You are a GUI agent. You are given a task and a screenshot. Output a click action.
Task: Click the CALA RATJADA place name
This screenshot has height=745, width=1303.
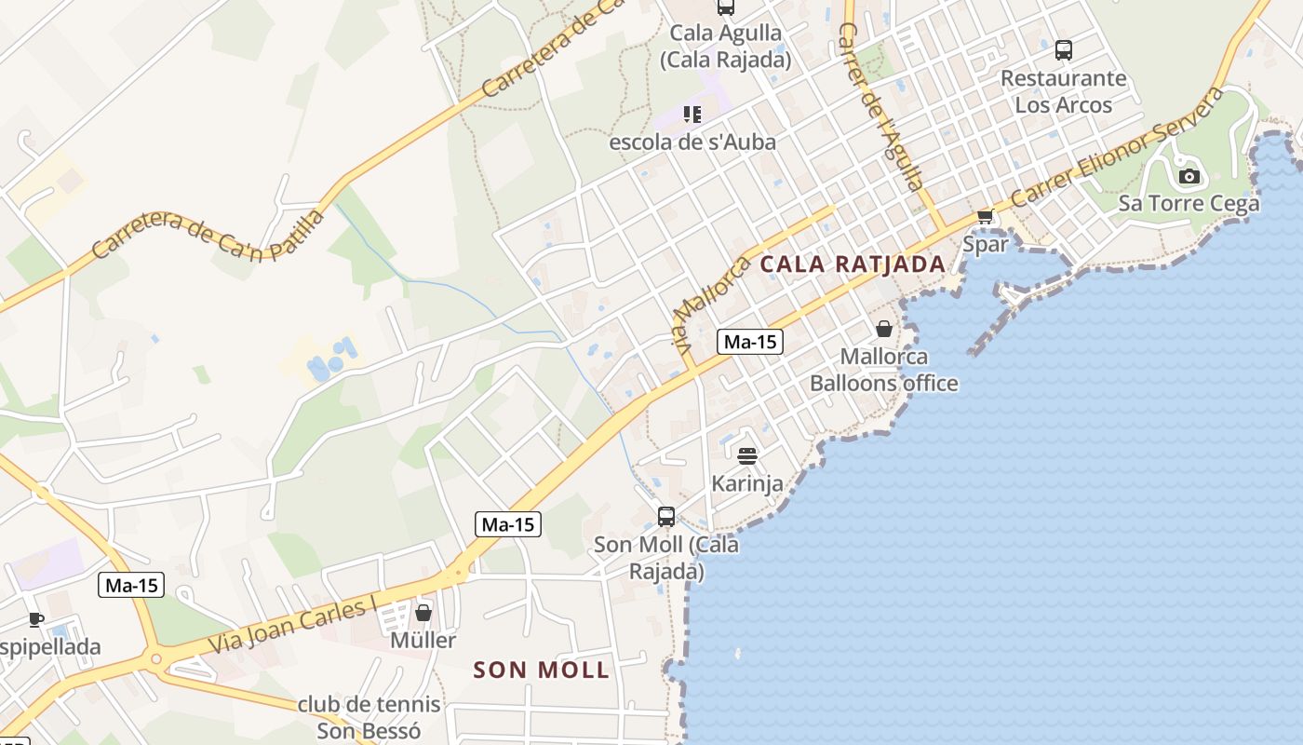(x=853, y=264)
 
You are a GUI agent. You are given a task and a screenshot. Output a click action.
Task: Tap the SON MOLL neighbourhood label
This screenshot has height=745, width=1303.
(x=541, y=670)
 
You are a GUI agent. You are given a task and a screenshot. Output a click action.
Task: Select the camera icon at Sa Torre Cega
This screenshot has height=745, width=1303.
(x=1189, y=176)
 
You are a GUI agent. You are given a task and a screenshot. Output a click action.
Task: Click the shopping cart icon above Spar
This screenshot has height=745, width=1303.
(x=985, y=217)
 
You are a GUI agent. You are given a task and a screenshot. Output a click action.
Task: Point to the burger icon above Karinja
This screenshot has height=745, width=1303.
(x=747, y=455)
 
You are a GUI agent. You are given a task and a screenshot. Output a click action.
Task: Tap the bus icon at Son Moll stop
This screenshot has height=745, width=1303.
(x=666, y=516)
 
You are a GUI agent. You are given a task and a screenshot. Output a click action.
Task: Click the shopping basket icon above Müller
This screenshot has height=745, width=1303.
(x=423, y=613)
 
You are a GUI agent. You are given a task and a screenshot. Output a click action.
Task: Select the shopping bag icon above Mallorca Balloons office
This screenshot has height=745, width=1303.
(x=883, y=329)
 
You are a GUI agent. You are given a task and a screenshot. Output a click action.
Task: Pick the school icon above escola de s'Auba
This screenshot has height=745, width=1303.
(x=692, y=115)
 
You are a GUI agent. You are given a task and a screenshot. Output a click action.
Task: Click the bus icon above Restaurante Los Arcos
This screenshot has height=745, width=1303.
(x=1063, y=50)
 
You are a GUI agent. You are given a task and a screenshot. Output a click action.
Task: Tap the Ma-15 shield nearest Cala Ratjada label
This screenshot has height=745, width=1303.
(x=750, y=342)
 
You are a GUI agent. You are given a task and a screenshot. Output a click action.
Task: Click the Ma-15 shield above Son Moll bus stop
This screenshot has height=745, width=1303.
(x=508, y=524)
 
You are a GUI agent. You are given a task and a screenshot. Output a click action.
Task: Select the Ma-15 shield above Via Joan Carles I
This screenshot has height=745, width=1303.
(x=131, y=585)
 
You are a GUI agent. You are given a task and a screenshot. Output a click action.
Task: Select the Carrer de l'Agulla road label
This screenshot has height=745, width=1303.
(x=880, y=105)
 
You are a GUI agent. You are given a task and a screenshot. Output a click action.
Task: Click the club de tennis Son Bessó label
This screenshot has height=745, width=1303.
(x=369, y=718)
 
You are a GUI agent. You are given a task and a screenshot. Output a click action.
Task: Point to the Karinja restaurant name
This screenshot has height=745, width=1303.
(x=747, y=483)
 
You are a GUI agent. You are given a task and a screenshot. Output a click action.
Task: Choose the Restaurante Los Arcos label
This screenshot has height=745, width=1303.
(x=1063, y=91)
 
